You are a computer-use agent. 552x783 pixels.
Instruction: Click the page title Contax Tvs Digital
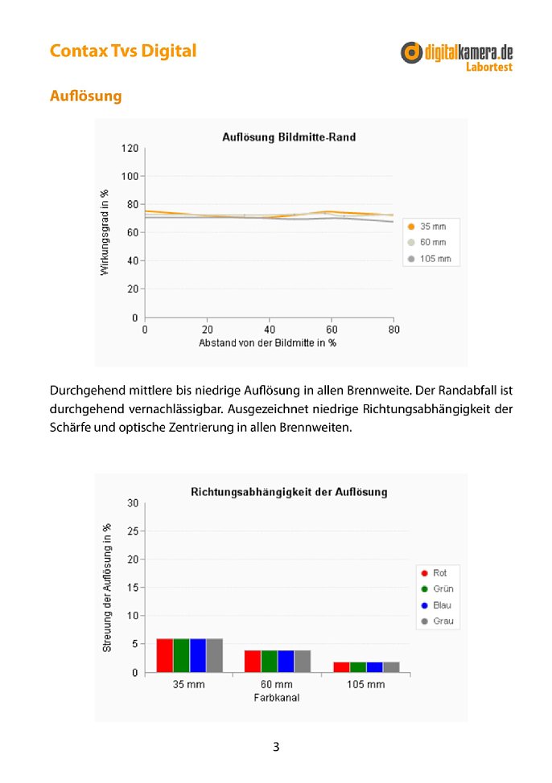click(123, 51)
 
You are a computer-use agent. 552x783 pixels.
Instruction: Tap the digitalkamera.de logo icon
click(411, 52)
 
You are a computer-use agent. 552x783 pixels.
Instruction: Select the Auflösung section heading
click(85, 96)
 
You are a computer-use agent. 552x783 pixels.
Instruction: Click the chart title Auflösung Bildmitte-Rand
click(289, 137)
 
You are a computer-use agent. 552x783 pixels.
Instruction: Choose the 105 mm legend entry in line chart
click(430, 259)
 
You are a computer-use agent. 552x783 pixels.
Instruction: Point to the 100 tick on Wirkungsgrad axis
click(130, 176)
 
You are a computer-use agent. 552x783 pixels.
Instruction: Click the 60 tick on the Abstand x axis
click(332, 330)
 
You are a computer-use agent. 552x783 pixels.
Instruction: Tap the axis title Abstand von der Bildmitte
click(267, 343)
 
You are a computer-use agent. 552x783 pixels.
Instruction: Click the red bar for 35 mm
click(164, 655)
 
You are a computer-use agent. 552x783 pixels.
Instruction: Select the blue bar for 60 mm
click(286, 661)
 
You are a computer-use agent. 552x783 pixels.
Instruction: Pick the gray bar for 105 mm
click(391, 667)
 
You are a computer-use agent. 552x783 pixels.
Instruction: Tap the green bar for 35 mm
click(182, 655)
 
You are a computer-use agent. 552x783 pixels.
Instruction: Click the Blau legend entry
click(436, 605)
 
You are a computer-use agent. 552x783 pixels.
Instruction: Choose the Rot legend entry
click(434, 572)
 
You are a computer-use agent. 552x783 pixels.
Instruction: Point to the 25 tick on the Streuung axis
click(133, 531)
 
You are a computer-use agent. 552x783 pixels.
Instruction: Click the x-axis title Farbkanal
click(277, 698)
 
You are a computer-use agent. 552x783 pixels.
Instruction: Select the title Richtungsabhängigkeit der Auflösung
click(289, 492)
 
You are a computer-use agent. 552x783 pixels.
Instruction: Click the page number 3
click(276, 747)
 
